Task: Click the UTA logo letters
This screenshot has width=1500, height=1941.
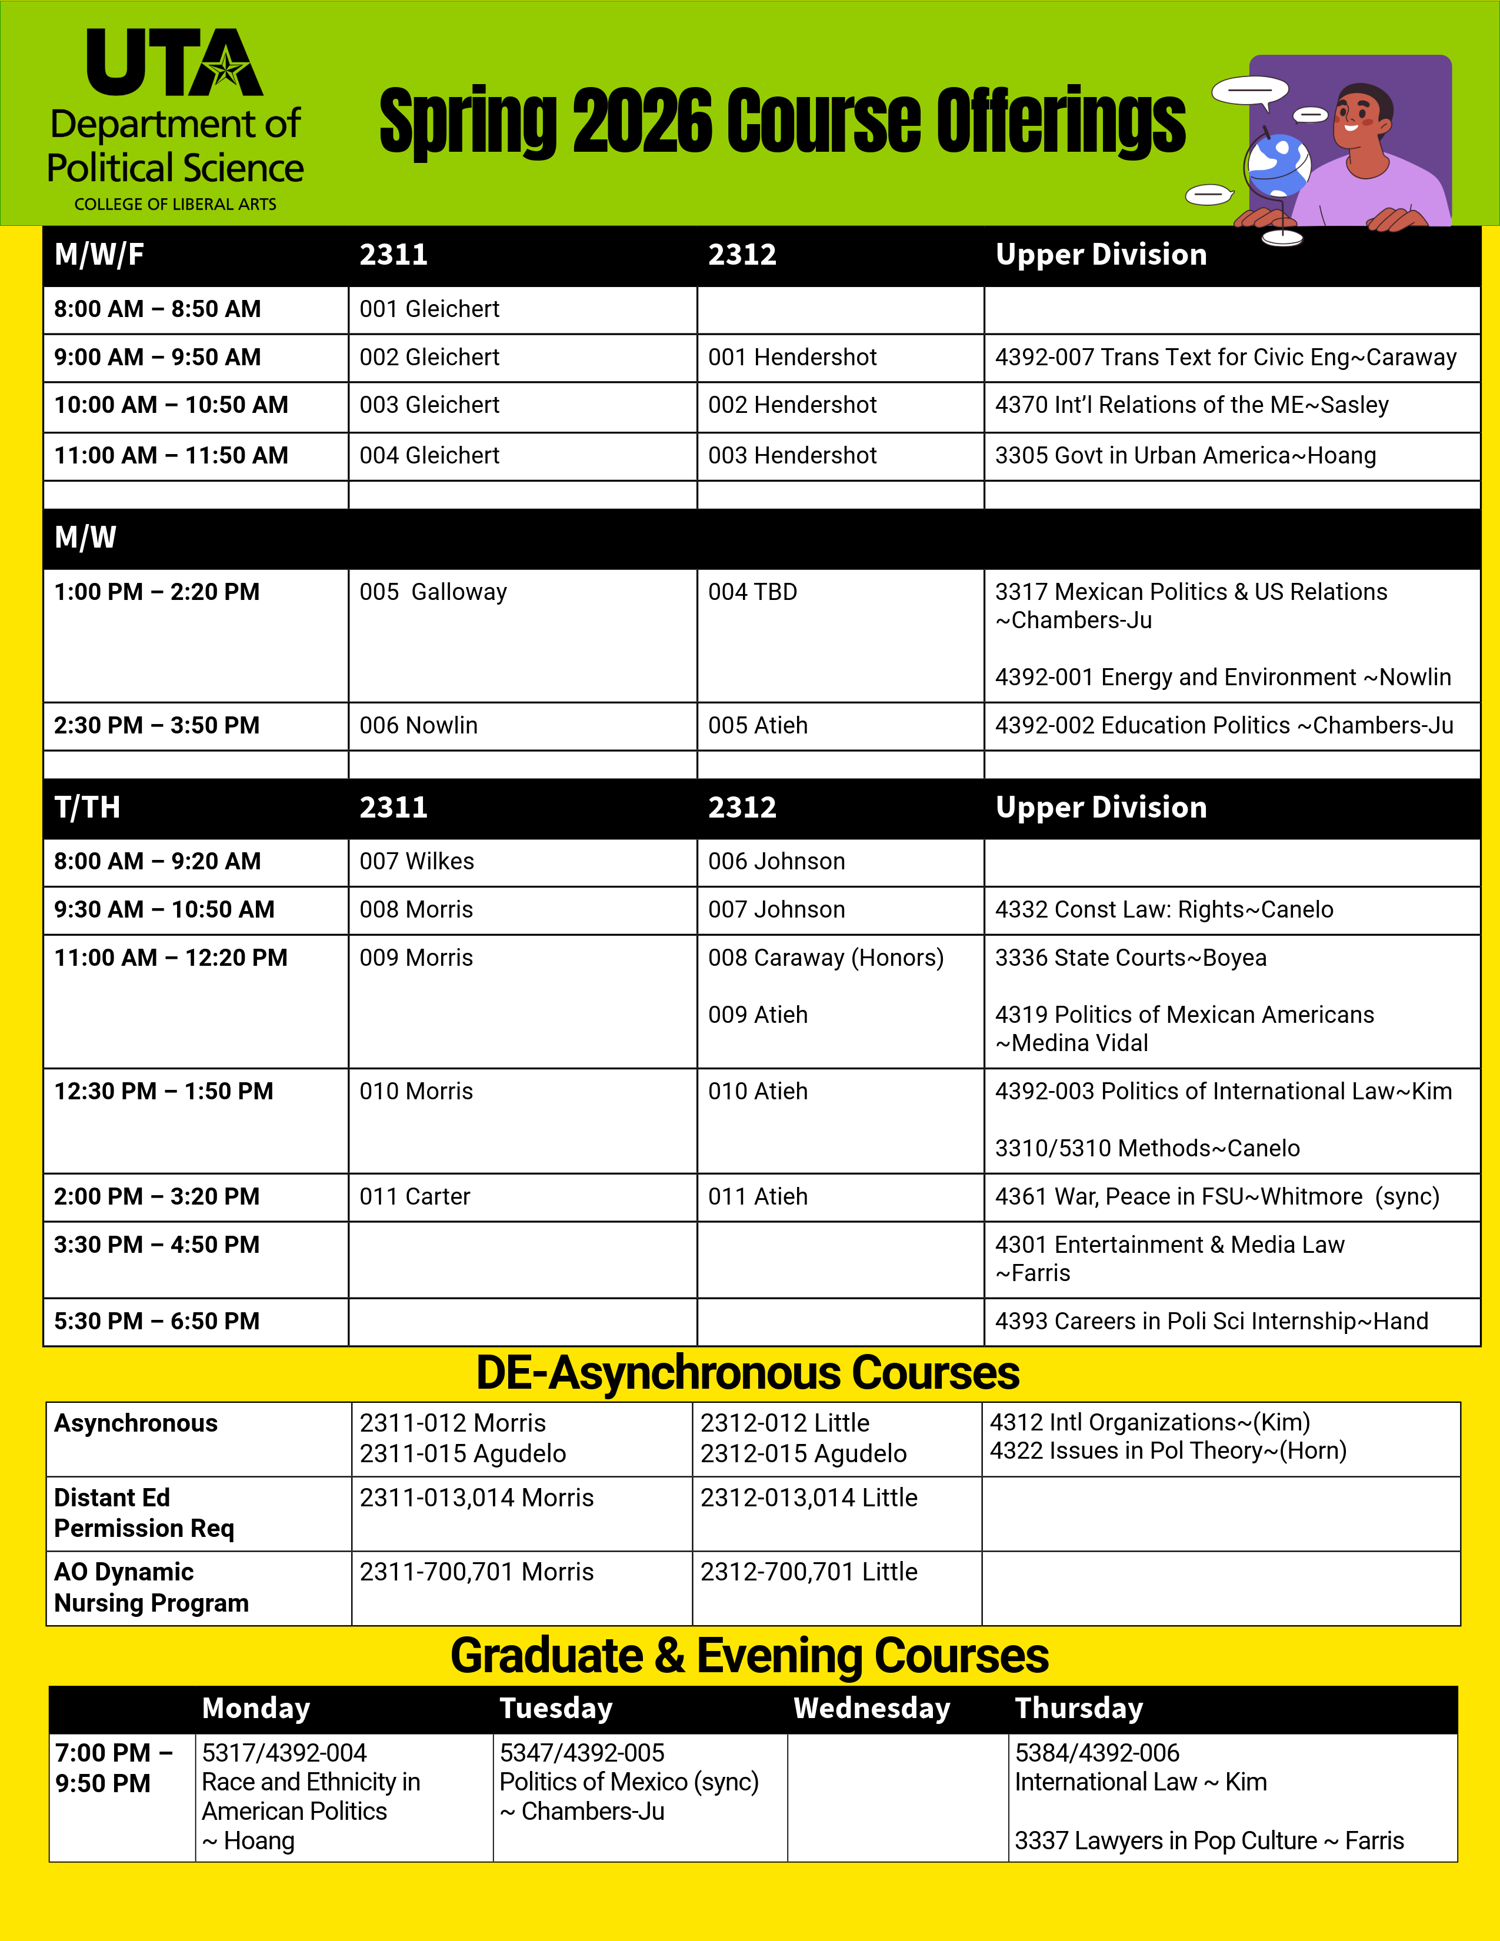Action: click(174, 62)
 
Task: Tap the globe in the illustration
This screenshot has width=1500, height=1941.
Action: click(1278, 165)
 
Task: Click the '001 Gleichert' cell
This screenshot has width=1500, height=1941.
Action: click(429, 309)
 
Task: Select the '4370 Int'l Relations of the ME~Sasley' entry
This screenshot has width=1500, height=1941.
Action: click(1191, 405)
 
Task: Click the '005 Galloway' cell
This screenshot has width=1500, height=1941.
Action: click(433, 592)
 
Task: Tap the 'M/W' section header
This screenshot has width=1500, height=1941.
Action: click(85, 538)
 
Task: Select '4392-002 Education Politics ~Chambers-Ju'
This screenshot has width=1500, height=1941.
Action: click(1224, 725)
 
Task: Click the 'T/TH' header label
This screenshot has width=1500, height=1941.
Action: click(87, 807)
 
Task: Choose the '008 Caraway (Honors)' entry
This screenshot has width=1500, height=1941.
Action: click(825, 958)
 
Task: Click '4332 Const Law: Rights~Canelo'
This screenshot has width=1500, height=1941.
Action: click(1163, 909)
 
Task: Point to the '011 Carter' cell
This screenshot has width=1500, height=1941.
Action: click(415, 1196)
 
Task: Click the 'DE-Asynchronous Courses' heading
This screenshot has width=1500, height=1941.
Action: click(747, 1373)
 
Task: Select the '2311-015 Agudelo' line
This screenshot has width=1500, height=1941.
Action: click(462, 1454)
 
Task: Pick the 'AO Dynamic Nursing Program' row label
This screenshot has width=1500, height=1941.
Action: click(151, 1588)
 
